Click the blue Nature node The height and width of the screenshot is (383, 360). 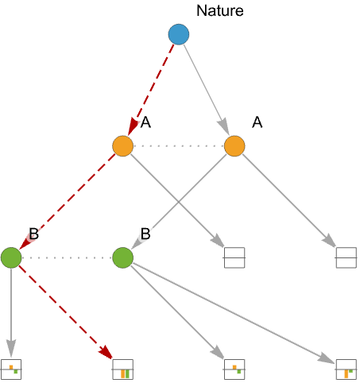point(179,34)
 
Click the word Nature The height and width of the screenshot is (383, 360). point(220,11)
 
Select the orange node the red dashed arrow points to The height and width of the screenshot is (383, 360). point(122,146)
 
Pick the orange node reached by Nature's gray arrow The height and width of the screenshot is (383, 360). point(234,146)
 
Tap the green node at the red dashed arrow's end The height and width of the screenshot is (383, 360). point(11,257)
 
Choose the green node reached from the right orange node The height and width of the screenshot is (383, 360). point(122,257)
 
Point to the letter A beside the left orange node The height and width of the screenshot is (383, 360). point(145,122)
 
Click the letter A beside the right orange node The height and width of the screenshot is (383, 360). point(257,122)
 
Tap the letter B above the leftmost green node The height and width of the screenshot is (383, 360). point(34,234)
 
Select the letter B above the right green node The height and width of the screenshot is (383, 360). point(145,234)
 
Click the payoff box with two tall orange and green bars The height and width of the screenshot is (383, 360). point(122,369)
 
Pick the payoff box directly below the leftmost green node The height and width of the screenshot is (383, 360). point(11,369)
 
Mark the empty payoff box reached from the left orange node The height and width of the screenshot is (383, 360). point(234,257)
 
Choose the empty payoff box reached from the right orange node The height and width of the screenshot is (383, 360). point(346,257)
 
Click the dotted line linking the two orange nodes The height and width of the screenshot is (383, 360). point(179,146)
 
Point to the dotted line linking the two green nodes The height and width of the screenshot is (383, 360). point(67,257)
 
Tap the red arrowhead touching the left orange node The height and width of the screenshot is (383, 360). point(133,128)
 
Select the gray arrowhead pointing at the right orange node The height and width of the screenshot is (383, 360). point(223,127)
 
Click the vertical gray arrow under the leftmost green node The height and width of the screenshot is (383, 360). point(11,312)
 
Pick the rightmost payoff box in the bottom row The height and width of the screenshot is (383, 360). point(346,369)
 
